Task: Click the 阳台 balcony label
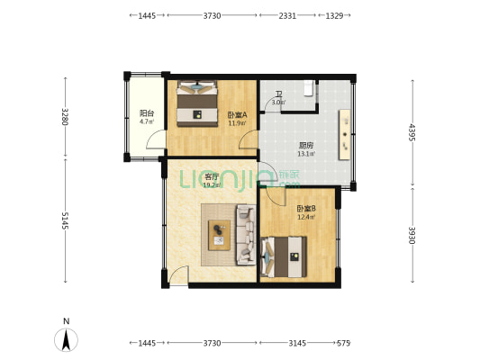[x=147, y=113]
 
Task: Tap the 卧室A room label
[x=237, y=115]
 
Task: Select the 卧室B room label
[x=306, y=209]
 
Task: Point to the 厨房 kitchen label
[x=306, y=145]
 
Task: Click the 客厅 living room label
[x=212, y=176]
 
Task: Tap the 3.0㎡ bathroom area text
[x=278, y=103]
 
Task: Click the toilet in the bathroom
[x=309, y=88]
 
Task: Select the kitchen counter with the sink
[x=344, y=134]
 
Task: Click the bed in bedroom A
[x=197, y=103]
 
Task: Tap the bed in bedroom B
[x=284, y=256]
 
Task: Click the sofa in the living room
[x=246, y=235]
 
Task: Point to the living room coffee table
[x=219, y=235]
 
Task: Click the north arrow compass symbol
[x=66, y=339]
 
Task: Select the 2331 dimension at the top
[x=287, y=15]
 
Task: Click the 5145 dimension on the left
[x=65, y=220]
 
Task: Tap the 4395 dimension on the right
[x=412, y=132]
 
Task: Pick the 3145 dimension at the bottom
[x=297, y=343]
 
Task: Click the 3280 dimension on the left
[x=65, y=116]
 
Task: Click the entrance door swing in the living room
[x=178, y=275]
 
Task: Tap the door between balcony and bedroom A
[x=156, y=139]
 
